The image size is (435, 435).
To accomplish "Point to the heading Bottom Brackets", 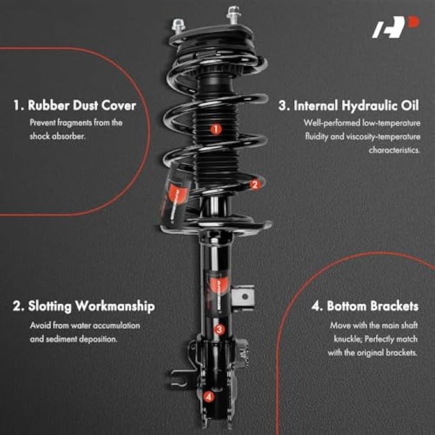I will [x=365, y=306].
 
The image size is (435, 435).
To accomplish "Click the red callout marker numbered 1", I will [x=216, y=129].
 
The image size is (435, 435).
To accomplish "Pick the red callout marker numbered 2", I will [x=255, y=185].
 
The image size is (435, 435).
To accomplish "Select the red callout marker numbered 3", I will [x=219, y=330].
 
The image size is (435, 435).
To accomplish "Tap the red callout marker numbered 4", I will [x=209, y=397].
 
